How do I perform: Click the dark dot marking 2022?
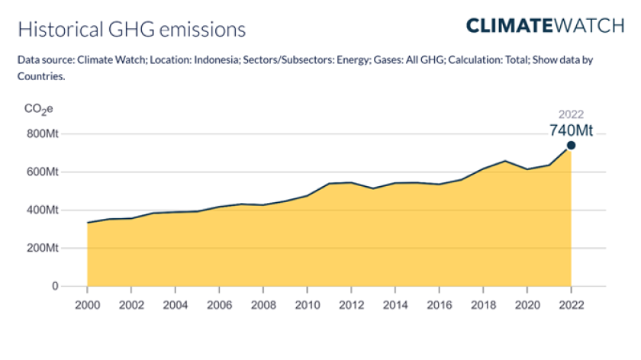571,146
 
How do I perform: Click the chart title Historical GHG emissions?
131,30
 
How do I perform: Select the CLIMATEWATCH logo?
545,25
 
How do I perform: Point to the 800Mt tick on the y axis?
43,134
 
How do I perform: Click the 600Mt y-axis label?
43,172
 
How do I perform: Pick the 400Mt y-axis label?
43,211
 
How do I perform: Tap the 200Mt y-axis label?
43,249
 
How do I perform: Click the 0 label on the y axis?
55,287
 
